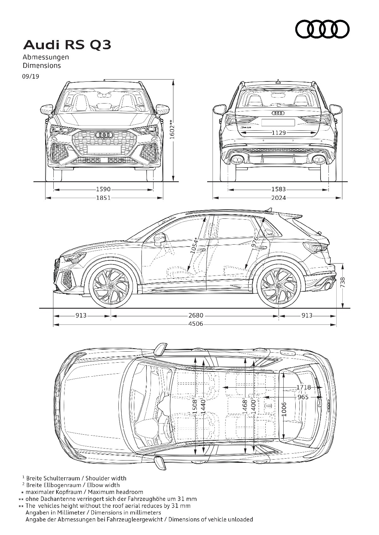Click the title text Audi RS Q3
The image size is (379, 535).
pos(67,45)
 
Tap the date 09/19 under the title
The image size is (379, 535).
pos(31,76)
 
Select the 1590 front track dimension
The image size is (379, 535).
pos(103,189)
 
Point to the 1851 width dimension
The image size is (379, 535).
pos(103,198)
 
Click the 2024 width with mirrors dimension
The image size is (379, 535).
pos(279,198)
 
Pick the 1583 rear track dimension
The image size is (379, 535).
pos(279,189)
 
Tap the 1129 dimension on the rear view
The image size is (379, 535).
pos(279,133)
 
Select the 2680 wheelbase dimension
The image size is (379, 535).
pos(196,316)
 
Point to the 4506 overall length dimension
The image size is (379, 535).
pos(196,324)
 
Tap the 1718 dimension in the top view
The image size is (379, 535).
pos(304,387)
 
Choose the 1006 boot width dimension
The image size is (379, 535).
pos(284,409)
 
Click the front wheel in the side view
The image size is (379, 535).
pos(111,286)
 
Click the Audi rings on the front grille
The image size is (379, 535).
pos(104,135)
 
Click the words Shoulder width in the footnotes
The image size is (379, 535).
pos(106,479)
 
